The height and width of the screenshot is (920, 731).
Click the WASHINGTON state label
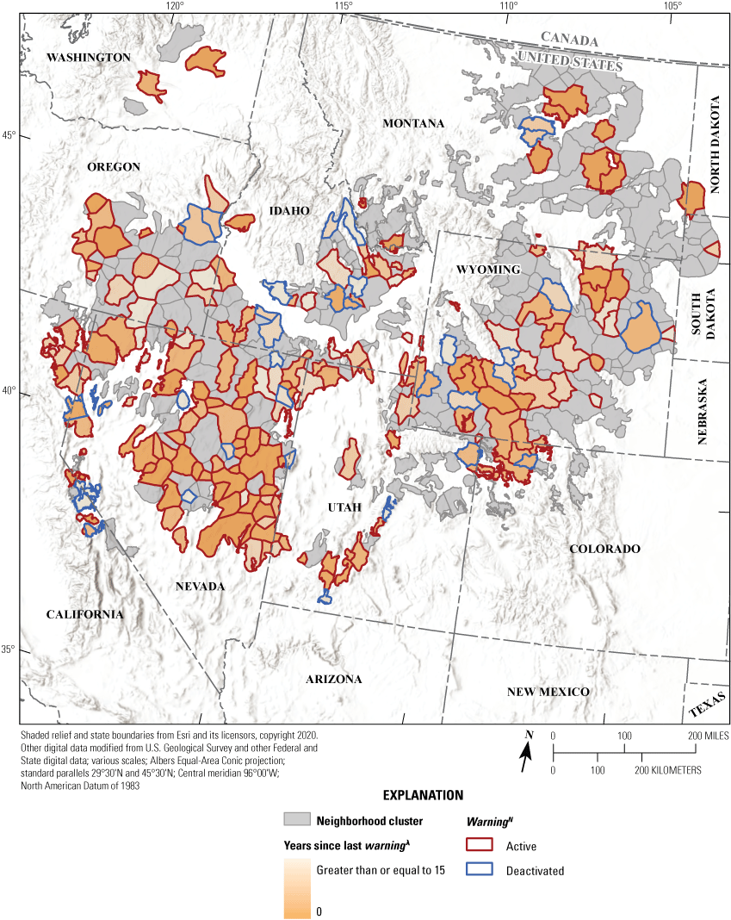coord(88,57)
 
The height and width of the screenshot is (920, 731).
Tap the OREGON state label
coord(113,166)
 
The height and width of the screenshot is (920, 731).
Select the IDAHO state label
coord(288,211)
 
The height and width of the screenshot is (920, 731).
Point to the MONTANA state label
coord(413,123)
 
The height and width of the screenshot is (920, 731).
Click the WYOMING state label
coord(487,270)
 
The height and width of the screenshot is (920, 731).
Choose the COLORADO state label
coord(604,549)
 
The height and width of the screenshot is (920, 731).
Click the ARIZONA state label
coord(334,679)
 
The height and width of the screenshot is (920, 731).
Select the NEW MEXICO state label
coord(548,692)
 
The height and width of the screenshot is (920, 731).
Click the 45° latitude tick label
coord(8,136)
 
